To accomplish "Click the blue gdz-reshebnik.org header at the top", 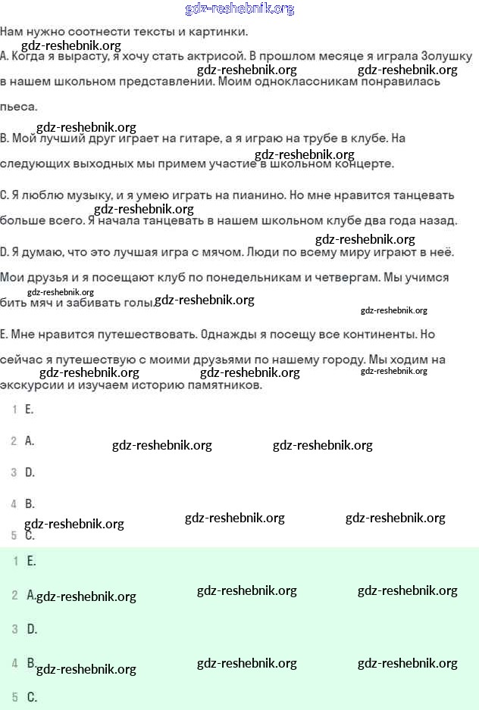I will (239, 9).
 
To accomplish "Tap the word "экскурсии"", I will (30, 385).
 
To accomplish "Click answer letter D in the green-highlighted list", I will (32, 629).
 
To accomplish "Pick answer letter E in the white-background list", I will (30, 409).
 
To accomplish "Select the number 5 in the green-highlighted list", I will (15, 697).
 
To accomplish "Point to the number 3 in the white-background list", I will (14, 472).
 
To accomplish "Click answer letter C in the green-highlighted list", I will (32, 697).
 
